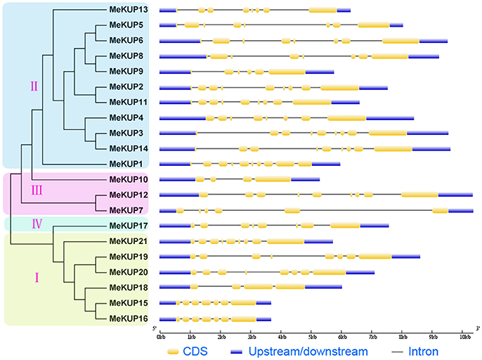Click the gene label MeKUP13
click(x=129, y=10)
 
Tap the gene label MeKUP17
click(x=129, y=226)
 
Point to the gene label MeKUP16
click(x=129, y=319)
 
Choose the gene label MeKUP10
click(x=129, y=179)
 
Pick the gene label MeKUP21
click(x=129, y=241)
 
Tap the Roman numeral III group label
click(x=39, y=189)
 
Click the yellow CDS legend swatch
click(x=175, y=350)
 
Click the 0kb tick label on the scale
click(x=160, y=338)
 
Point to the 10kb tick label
click(x=463, y=338)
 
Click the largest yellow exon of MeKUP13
click(x=323, y=11)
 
